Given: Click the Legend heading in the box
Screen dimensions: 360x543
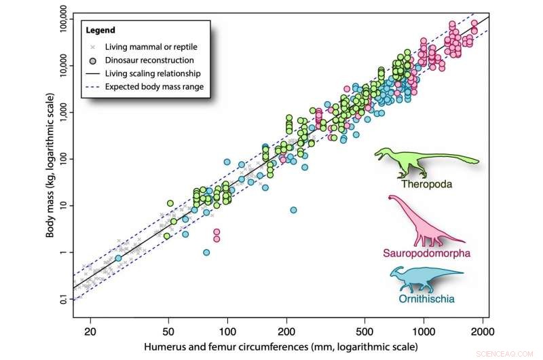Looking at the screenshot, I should [101, 31].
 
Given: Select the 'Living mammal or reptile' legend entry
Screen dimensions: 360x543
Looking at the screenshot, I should [144, 47].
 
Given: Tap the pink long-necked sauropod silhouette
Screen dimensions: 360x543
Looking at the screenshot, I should [424, 224].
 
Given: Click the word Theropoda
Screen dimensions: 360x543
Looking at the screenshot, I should [426, 184].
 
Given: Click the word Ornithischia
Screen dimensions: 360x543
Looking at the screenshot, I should [426, 298].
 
